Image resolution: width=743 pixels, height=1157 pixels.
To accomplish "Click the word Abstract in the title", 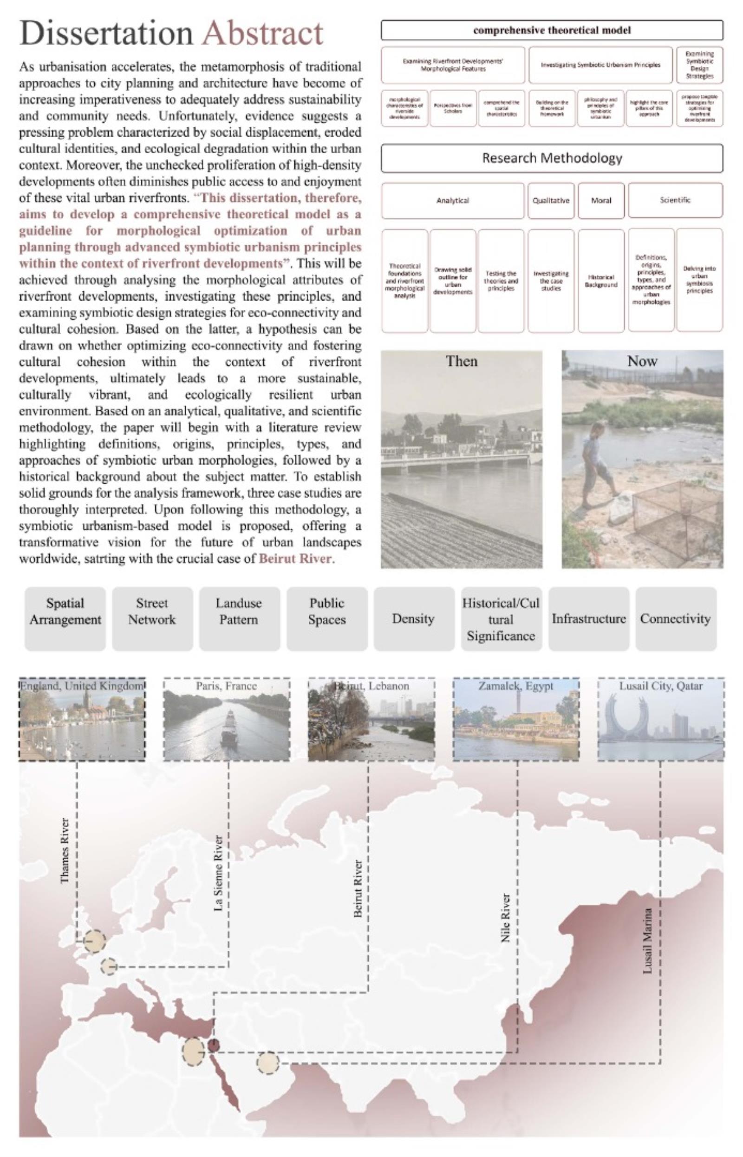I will (x=262, y=34).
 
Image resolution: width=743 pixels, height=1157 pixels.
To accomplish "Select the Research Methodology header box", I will (x=552, y=158).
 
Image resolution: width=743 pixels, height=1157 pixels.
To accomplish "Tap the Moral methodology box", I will (x=601, y=200).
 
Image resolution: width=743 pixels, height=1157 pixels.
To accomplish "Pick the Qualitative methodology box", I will (x=550, y=200).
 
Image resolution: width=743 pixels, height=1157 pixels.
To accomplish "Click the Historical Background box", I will (x=601, y=281).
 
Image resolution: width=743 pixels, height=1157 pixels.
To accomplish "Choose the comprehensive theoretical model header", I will (x=552, y=30).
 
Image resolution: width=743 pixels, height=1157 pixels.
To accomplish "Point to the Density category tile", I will (x=413, y=619).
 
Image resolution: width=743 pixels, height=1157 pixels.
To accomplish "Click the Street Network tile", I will (x=152, y=611).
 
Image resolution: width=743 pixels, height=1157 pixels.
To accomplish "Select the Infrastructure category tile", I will (x=589, y=619).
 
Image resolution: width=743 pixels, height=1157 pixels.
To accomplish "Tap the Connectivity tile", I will (x=676, y=619).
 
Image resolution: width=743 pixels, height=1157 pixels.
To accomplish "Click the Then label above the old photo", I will (x=461, y=362).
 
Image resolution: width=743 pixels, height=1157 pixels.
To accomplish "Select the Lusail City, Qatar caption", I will (x=660, y=686).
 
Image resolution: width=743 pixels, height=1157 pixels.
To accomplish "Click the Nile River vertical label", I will (x=505, y=918).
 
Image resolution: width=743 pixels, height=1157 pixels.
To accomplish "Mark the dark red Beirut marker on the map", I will (x=214, y=1045).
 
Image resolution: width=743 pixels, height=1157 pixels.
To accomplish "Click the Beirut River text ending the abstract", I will (x=295, y=559).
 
